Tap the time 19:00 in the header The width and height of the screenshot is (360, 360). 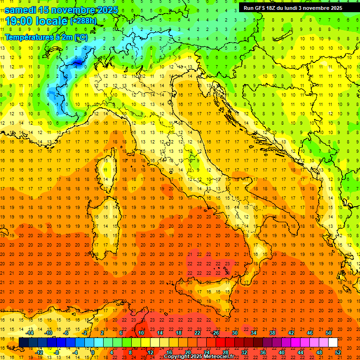click(20, 21)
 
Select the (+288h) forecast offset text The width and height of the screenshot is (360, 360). click(83, 21)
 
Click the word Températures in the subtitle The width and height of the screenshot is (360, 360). click(27, 37)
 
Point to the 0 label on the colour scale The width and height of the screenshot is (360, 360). click(93, 352)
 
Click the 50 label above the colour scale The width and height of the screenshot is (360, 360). click(329, 333)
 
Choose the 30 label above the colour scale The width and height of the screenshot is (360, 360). click(235, 333)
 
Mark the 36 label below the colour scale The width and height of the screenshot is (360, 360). click(263, 352)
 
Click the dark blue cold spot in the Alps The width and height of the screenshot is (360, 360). click(76, 61)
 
